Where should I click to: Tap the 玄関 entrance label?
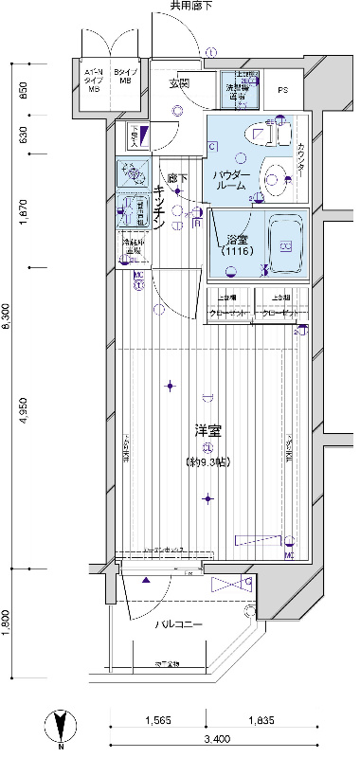click(x=179, y=83)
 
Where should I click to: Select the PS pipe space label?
click(x=283, y=90)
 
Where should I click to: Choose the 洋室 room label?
click(x=208, y=431)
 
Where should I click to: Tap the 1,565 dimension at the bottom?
click(x=157, y=721)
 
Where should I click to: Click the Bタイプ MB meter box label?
click(x=124, y=77)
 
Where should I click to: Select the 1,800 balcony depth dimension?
click(x=8, y=624)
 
